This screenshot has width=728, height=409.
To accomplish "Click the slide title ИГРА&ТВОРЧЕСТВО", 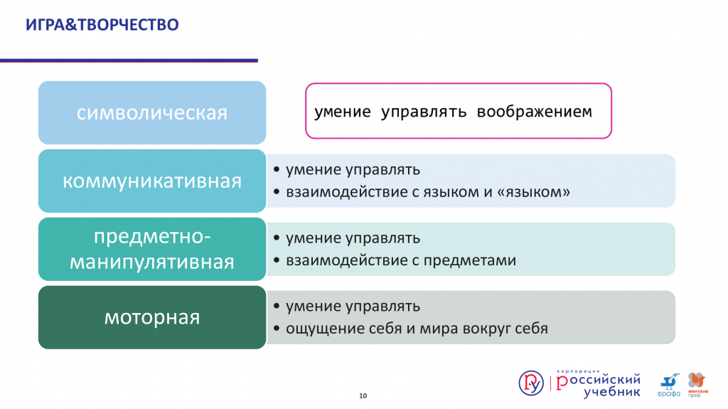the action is click(x=102, y=25).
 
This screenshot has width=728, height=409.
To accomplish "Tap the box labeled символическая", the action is click(x=152, y=112).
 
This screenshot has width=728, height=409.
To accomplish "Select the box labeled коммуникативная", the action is click(x=152, y=181).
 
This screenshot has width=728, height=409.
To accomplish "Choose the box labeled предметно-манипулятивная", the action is click(x=152, y=249).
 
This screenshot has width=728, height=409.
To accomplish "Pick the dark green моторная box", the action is click(x=152, y=317).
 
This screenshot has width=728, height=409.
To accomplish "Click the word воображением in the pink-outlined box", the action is click(x=535, y=112).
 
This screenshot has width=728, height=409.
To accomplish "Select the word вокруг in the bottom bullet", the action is click(x=480, y=329).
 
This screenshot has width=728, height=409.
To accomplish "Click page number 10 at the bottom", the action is click(x=363, y=395).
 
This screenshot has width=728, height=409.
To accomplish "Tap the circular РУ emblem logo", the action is click(x=531, y=383).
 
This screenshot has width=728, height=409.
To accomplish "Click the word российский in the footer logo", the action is click(x=599, y=381).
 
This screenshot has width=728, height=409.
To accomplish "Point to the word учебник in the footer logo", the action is click(x=612, y=392).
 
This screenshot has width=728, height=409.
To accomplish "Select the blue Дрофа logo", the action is click(x=669, y=385).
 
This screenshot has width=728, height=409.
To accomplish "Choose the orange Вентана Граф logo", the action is click(x=697, y=385).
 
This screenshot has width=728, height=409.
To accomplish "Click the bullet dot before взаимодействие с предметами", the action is click(x=277, y=260).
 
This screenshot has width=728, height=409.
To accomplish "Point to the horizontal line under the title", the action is click(x=129, y=60).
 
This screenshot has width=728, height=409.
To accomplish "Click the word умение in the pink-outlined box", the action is click(x=343, y=112).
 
